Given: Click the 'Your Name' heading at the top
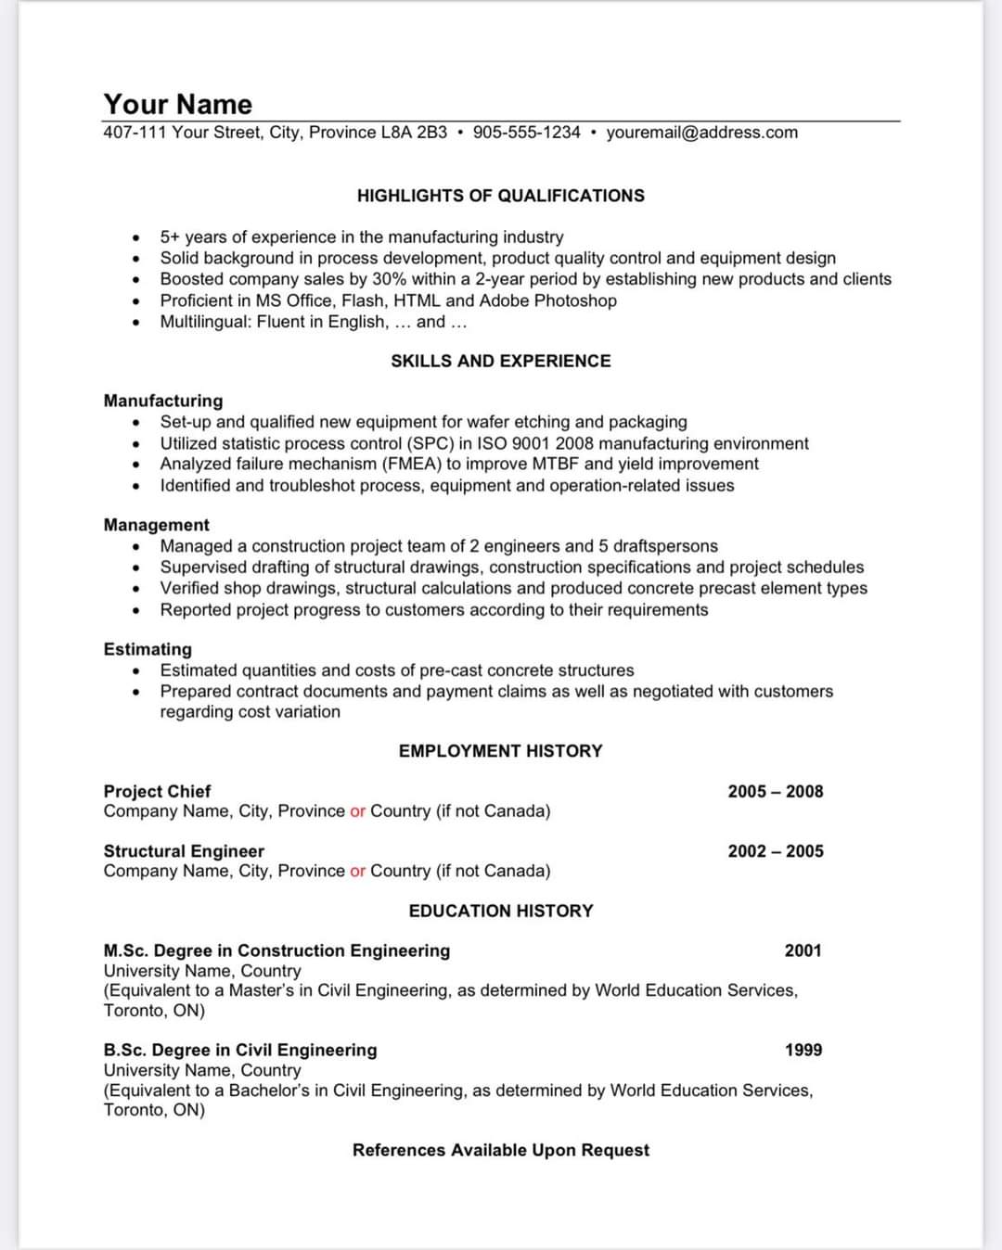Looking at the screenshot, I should tap(177, 104).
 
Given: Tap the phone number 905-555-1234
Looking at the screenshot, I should tap(526, 133).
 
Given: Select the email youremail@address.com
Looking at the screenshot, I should tap(701, 133).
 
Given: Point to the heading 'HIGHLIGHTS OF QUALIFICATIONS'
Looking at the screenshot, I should tap(500, 196).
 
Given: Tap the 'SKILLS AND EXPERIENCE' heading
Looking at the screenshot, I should tap(500, 361).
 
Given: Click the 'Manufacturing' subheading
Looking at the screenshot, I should tap(163, 401).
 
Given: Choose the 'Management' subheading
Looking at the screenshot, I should tap(157, 525).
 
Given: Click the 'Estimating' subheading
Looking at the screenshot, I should tap(148, 649).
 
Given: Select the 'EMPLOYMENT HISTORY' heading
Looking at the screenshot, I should tap(500, 751).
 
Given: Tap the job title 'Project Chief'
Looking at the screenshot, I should tap(157, 791).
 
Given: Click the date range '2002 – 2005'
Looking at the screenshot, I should tap(775, 851).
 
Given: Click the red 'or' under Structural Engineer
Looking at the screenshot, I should tap(357, 871).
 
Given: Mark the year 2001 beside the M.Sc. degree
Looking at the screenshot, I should tap(803, 950).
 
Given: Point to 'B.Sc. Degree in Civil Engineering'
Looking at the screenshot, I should tap(240, 1050).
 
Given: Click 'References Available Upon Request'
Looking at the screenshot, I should tap(500, 1150).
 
